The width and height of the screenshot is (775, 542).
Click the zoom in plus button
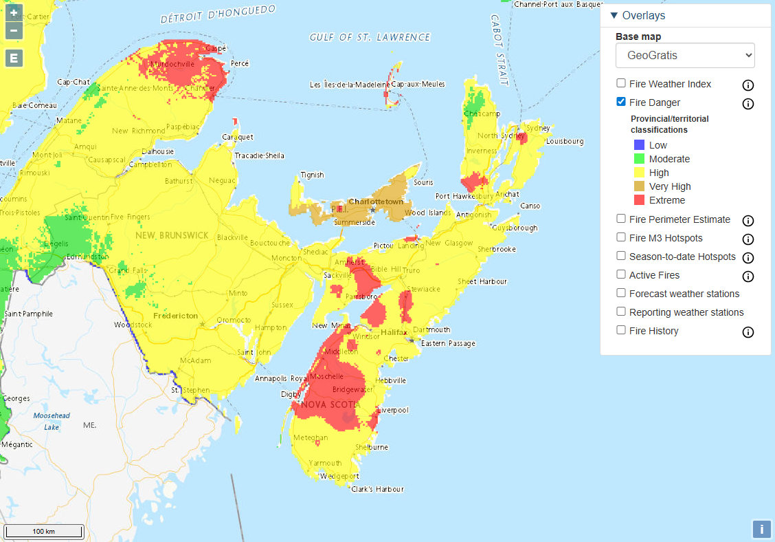tap(14, 13)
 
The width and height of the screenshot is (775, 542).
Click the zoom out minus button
tap(14, 31)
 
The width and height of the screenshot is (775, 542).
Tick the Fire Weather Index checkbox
tap(621, 84)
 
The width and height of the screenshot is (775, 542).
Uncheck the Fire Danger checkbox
tap(621, 102)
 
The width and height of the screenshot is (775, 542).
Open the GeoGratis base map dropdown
tap(685, 56)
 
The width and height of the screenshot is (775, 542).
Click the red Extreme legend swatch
tap(639, 200)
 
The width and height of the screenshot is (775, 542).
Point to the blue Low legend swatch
tap(639, 145)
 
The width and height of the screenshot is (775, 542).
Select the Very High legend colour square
tap(639, 186)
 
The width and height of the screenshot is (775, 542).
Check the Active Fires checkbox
tap(621, 275)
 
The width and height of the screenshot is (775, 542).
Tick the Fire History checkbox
tap(621, 331)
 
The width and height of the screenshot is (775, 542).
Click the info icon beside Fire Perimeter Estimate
tap(748, 221)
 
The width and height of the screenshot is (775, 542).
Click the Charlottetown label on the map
tap(376, 202)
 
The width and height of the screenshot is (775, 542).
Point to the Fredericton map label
tap(176, 316)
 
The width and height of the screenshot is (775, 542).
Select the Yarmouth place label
tap(325, 463)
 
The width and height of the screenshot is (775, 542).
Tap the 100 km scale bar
tap(44, 532)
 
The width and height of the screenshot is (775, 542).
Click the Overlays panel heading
tap(643, 16)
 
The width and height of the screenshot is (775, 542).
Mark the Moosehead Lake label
tap(52, 421)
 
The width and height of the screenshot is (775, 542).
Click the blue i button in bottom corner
tap(761, 529)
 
